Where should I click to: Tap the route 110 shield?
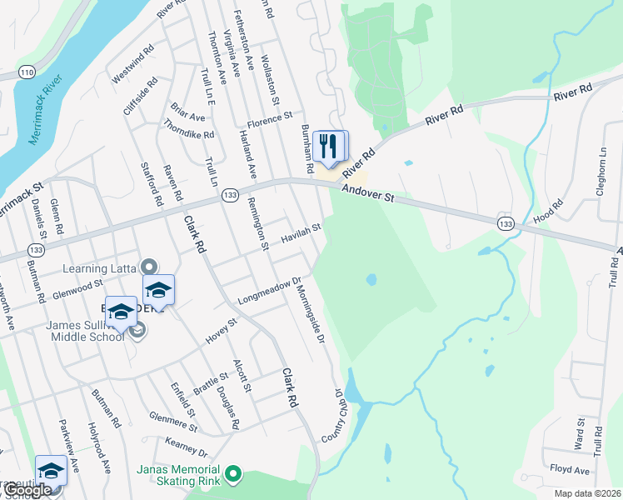(28, 73)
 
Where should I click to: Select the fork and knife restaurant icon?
(331, 146)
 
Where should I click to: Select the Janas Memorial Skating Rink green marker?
(234, 476)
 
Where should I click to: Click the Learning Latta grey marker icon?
(149, 267)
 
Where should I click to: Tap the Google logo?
(27, 490)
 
